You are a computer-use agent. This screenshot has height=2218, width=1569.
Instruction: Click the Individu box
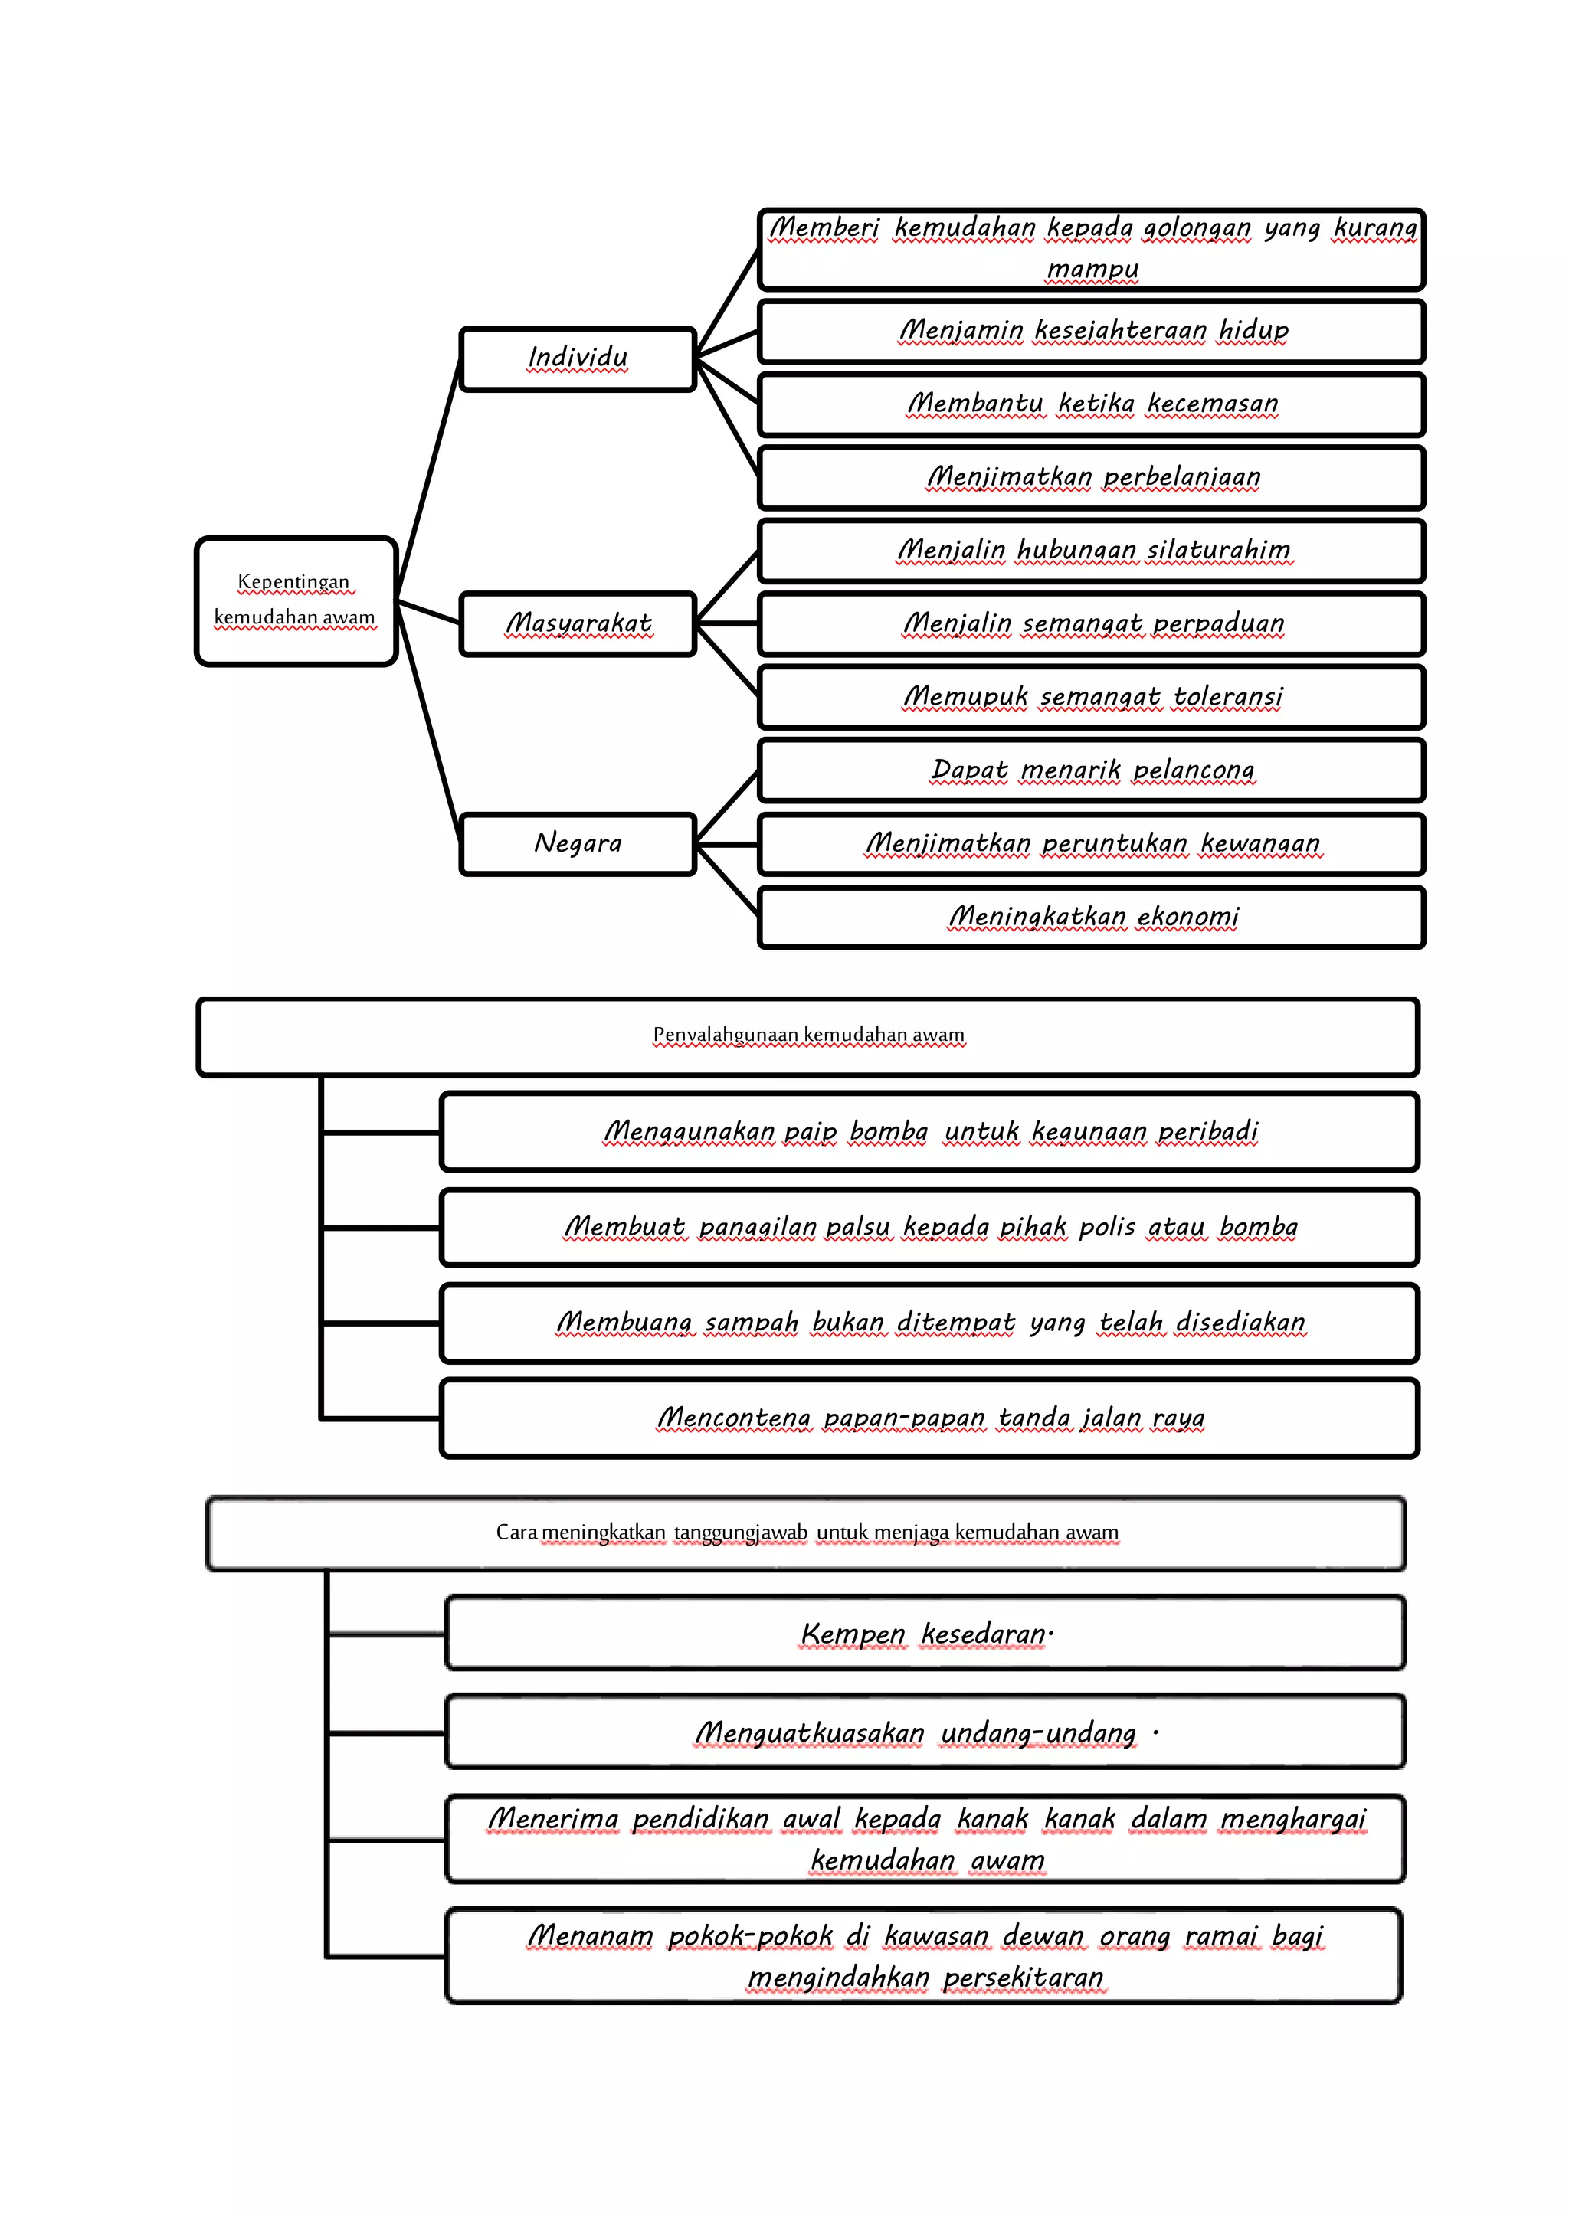click(x=578, y=359)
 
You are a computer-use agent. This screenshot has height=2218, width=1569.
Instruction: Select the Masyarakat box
click(x=578, y=624)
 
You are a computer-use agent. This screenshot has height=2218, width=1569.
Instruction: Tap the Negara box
click(x=578, y=844)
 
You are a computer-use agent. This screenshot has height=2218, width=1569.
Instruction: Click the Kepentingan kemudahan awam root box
click(x=296, y=601)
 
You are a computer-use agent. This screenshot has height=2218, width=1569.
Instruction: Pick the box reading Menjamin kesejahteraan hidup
click(x=1092, y=332)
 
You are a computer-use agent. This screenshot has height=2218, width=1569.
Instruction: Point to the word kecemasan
click(x=1213, y=404)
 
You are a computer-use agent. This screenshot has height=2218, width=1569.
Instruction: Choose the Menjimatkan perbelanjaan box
click(x=1092, y=477)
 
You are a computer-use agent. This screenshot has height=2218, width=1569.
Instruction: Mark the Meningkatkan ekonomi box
click(x=1092, y=918)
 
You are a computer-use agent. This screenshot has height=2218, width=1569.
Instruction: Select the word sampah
click(x=752, y=1323)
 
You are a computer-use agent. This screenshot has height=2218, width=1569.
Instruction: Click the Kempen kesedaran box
click(x=925, y=1634)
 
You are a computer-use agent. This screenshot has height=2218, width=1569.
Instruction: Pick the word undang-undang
click(x=1039, y=1733)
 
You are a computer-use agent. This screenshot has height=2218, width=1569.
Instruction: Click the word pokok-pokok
click(x=750, y=1936)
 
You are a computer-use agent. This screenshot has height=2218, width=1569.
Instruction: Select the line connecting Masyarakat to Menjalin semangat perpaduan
click(x=726, y=624)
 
